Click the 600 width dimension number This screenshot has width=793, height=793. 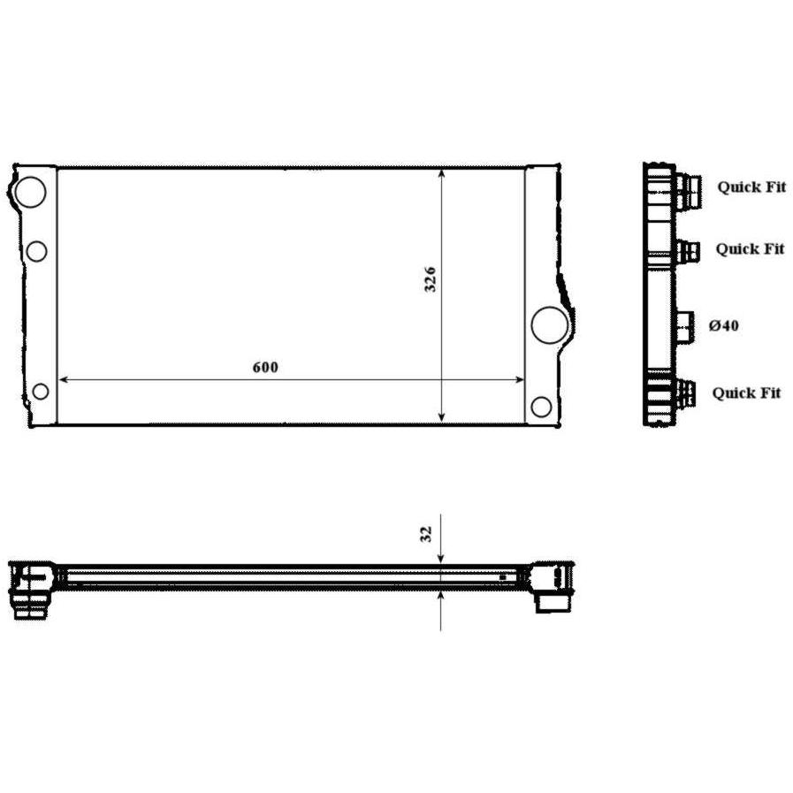pos(265,367)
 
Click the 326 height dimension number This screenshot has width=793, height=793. pos(430,279)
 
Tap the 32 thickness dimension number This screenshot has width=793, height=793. pos(426,534)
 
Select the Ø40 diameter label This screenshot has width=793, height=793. pos(724,325)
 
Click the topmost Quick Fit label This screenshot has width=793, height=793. pos(751,187)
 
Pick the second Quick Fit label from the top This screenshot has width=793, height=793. pos(750,248)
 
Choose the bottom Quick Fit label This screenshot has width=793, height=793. pos(746,393)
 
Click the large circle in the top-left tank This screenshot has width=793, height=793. pos(30,192)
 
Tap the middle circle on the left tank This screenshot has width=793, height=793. pos(36,251)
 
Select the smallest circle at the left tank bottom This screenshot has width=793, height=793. pos(41,391)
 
